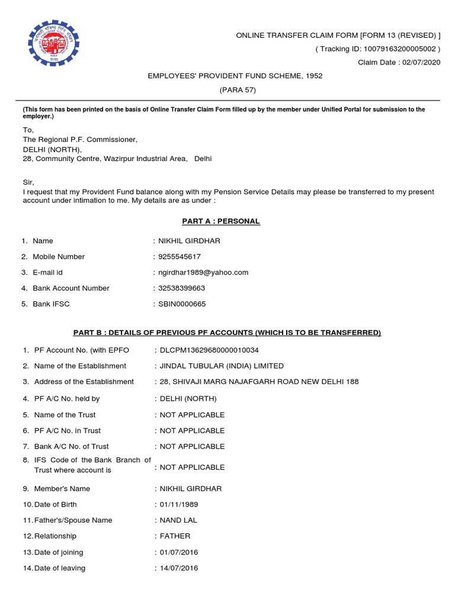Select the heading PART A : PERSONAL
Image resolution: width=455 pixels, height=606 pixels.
click(220, 221)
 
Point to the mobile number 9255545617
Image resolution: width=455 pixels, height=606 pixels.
click(180, 257)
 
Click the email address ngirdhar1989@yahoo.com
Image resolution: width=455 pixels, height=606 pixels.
click(203, 272)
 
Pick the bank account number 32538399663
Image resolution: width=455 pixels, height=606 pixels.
click(181, 288)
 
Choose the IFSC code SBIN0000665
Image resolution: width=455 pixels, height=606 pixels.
click(182, 304)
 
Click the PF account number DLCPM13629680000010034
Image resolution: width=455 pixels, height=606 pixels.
click(209, 350)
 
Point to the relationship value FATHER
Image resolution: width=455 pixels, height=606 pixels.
click(175, 536)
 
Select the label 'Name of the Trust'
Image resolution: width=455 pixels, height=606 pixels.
click(65, 415)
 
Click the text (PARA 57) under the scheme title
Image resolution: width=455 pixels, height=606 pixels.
click(235, 90)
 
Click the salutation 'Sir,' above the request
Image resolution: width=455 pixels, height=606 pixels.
click(28, 183)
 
